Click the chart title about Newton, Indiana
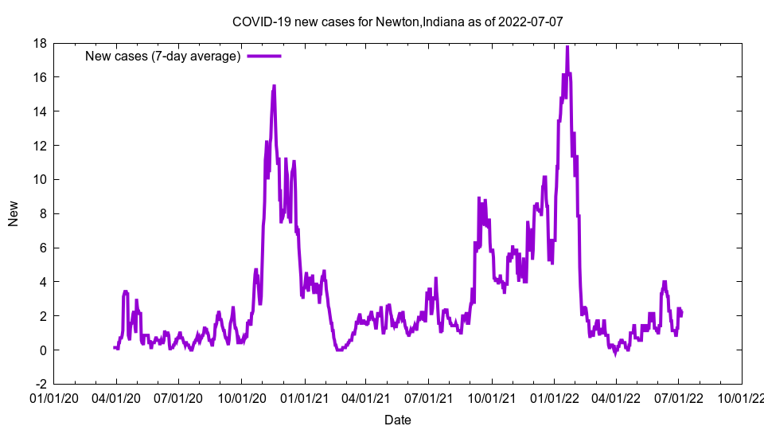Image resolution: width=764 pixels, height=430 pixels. coord(397,21)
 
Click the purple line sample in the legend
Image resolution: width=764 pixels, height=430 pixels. coord(264,56)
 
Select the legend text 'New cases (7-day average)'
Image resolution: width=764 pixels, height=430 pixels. coord(163,56)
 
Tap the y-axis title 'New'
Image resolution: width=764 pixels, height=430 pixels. coord(14,213)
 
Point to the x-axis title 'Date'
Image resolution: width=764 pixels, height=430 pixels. coord(397,420)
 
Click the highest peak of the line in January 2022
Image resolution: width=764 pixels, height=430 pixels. coord(567,46)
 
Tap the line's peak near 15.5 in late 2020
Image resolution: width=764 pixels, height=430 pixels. coord(274,85)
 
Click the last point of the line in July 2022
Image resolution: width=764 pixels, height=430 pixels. coord(682,313)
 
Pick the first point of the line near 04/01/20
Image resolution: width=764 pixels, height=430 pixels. coord(115,347)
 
